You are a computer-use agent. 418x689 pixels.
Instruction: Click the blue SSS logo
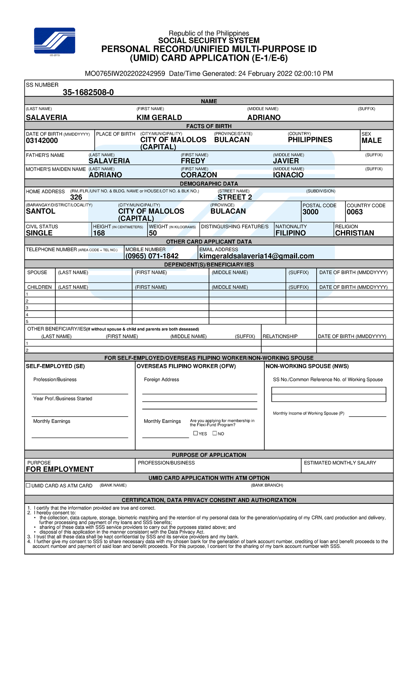pyautogui.click(x=54, y=41)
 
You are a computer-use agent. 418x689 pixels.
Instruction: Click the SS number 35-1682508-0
pyautogui.click(x=88, y=92)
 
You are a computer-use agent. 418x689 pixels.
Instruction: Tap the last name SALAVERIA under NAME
pyautogui.click(x=47, y=118)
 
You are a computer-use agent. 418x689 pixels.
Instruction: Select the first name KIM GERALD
pyautogui.click(x=159, y=118)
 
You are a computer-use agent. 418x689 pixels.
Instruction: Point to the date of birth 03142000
pyautogui.click(x=42, y=141)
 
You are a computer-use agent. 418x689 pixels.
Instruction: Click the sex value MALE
pyautogui.click(x=371, y=141)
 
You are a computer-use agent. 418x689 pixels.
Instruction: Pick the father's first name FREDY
pyautogui.click(x=193, y=161)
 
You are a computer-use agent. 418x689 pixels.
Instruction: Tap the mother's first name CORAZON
pyautogui.click(x=199, y=175)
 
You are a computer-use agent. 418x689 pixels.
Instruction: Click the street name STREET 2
pyautogui.click(x=234, y=197)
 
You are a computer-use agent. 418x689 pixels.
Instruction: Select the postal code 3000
pyautogui.click(x=310, y=212)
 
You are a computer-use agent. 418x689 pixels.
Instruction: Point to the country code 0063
pyautogui.click(x=354, y=212)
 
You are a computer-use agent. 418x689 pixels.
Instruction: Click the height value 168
pyautogui.click(x=99, y=233)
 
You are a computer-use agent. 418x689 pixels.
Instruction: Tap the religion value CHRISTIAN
pyautogui.click(x=354, y=233)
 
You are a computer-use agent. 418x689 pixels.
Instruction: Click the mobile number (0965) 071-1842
pyautogui.click(x=152, y=256)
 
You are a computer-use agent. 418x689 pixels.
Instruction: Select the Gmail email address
pyautogui.click(x=256, y=256)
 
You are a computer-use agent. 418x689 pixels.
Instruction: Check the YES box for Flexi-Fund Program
pyautogui.click(x=195, y=433)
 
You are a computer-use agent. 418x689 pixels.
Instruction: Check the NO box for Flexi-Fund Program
pyautogui.click(x=215, y=433)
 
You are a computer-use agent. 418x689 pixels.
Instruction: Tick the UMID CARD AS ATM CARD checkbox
pyautogui.click(x=28, y=485)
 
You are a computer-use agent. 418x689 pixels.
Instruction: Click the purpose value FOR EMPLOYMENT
pyautogui.click(x=60, y=469)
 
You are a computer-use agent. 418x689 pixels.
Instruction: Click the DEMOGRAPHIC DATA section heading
pyautogui.click(x=209, y=184)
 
